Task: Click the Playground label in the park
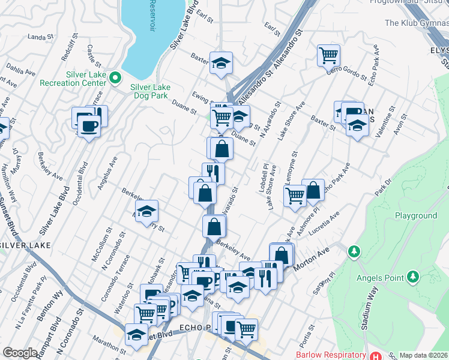click(415, 215)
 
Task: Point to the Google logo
click(20, 353)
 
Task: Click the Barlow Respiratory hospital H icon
click(376, 355)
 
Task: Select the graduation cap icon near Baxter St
click(221, 62)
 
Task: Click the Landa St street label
click(37, 37)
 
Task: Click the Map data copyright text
click(424, 355)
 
